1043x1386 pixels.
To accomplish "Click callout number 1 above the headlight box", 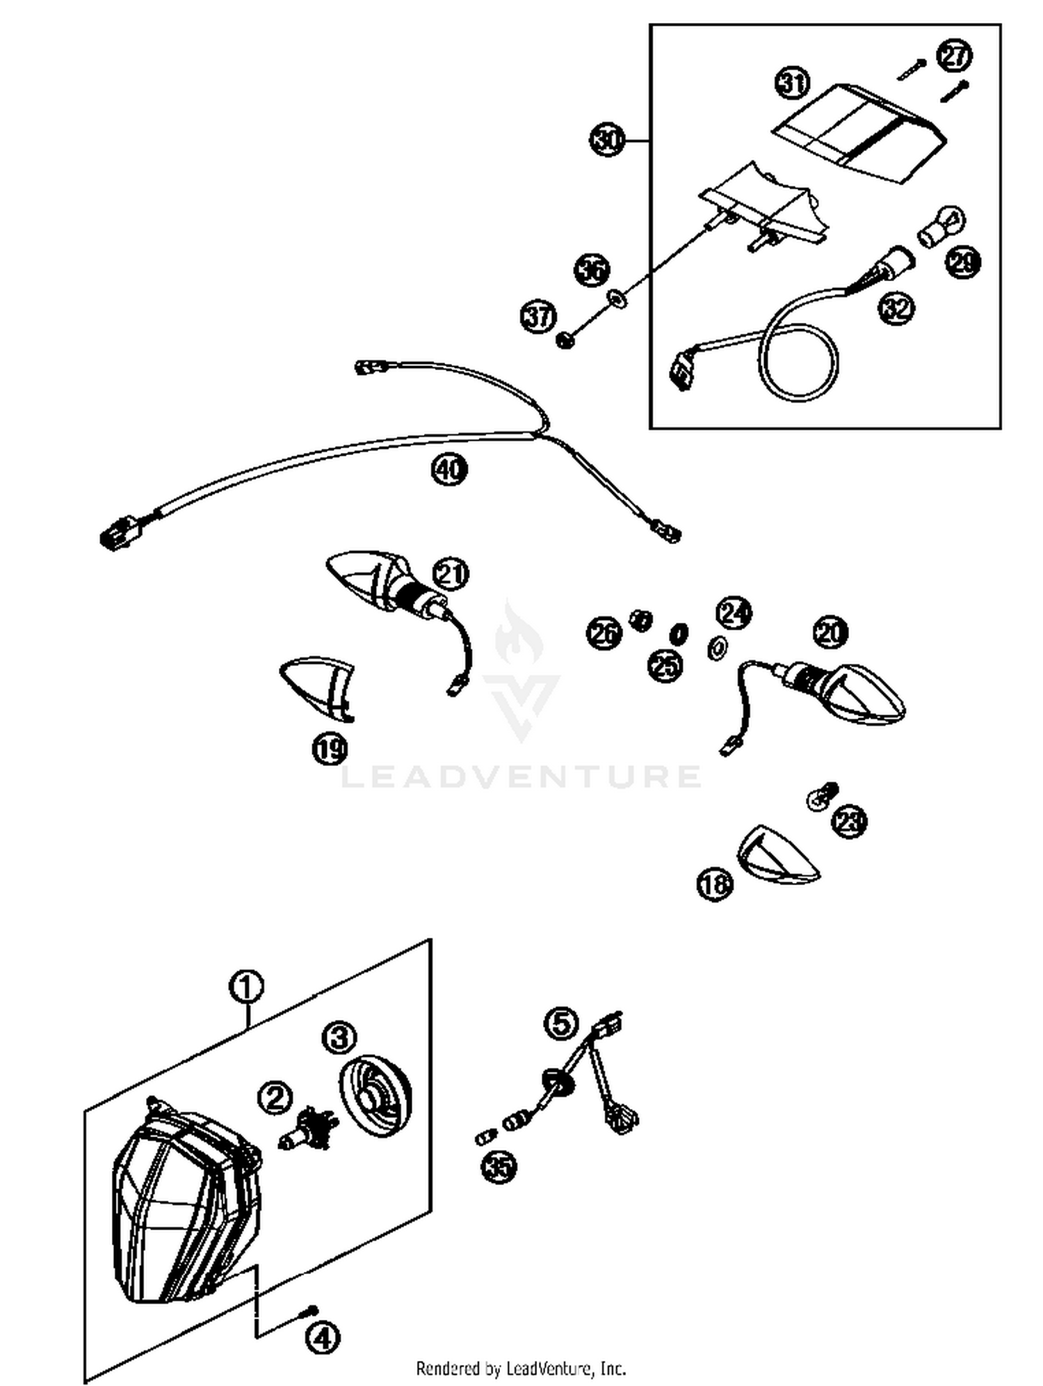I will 246,987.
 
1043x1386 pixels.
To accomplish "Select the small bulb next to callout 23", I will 820,797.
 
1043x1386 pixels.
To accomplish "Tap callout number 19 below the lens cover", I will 329,749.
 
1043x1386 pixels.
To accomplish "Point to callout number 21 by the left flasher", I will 451,574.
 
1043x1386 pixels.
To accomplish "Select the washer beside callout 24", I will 716,648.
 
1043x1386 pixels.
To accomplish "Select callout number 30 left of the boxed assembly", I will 606,140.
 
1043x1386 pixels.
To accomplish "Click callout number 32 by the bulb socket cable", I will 896,307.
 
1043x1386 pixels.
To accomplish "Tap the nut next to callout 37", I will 565,341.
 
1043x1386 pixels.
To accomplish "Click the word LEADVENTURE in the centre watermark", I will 521,776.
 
